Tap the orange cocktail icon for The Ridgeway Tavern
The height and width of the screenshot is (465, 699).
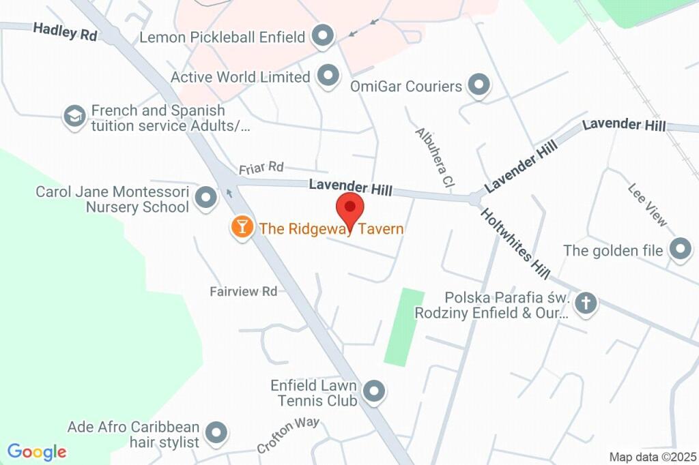242,227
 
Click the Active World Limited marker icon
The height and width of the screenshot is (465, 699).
329,76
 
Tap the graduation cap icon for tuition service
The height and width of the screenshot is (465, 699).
74,117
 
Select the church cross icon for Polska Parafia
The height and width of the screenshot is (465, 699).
585,303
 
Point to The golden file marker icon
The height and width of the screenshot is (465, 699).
680,250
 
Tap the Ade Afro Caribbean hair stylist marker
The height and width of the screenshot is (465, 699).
216,432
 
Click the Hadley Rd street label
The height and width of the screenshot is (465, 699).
65,31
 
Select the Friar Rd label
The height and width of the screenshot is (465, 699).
261,167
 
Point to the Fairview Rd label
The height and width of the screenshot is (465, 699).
243,291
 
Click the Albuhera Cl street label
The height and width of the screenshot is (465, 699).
435,157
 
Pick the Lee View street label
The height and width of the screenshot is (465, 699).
647,205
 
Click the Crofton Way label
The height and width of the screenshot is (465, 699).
288,434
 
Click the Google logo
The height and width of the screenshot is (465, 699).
37,451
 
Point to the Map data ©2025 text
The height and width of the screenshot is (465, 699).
653,457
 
